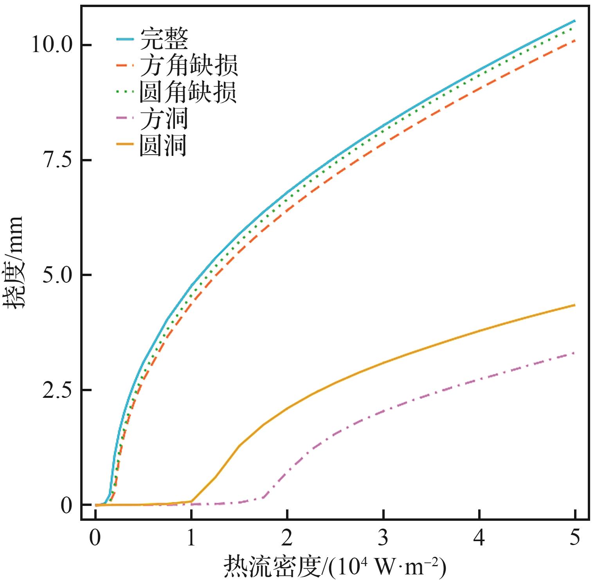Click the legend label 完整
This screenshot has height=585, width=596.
click(164, 38)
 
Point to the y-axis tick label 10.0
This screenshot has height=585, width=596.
click(52, 45)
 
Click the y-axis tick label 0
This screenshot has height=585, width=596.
click(67, 505)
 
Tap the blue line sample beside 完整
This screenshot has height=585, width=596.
click(125, 39)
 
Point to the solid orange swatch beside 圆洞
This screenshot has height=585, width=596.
click(125, 145)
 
